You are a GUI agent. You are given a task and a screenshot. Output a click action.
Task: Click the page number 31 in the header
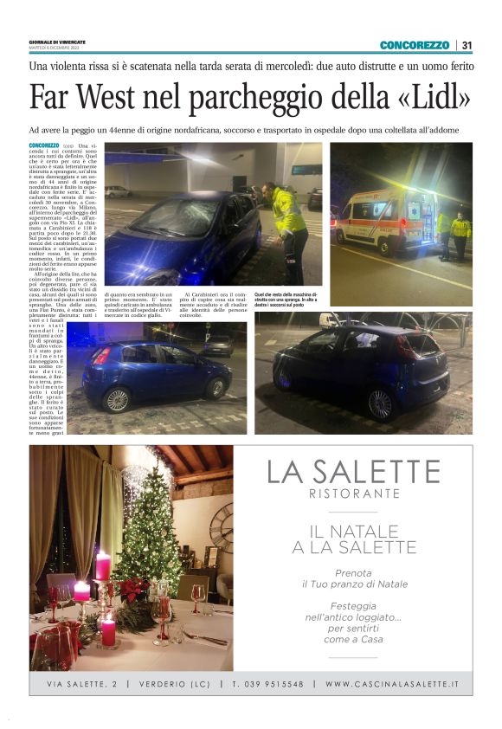(x=467, y=45)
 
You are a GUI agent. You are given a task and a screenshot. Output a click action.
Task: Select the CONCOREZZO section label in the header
(x=415, y=45)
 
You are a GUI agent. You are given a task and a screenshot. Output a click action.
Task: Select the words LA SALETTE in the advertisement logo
(x=352, y=472)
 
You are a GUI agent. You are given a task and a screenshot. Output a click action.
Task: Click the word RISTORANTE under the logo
(x=353, y=494)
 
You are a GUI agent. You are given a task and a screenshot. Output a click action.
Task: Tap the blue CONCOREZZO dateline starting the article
(x=44, y=145)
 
